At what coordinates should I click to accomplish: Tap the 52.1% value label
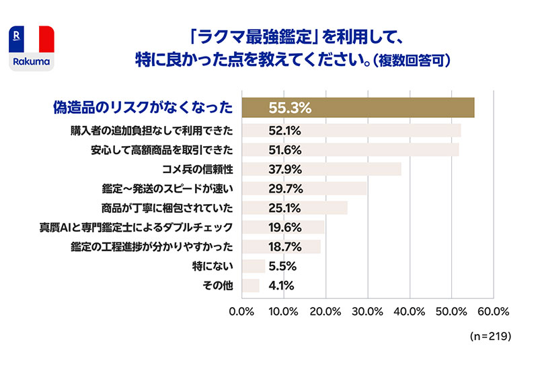pos(284,130)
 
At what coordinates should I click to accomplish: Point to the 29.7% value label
pos(284,188)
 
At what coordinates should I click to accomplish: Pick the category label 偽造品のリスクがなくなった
pos(143,108)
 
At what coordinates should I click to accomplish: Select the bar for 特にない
pos(254,266)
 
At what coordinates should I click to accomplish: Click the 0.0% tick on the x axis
pos(241,312)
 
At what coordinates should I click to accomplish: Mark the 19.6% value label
pos(284,227)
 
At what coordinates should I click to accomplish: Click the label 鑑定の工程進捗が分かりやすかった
pos(152,246)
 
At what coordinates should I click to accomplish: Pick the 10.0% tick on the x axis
pos(284,312)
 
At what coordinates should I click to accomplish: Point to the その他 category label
pos(217,286)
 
